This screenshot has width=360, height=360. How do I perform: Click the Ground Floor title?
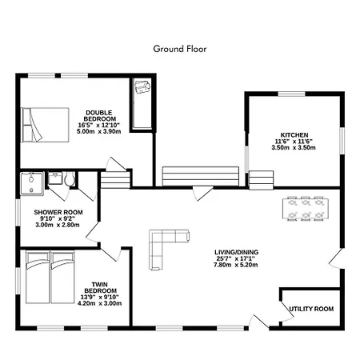(x=180, y=49)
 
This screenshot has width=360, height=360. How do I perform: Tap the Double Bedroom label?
(x=100, y=116)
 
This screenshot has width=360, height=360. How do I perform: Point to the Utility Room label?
(x=311, y=309)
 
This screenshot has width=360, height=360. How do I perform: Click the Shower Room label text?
(x=58, y=212)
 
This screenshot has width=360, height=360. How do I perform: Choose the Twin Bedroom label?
(x=100, y=287)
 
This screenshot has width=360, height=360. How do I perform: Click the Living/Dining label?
(x=236, y=252)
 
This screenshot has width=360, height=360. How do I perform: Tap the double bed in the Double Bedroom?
(x=45, y=125)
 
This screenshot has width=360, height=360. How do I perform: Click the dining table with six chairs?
(x=306, y=209)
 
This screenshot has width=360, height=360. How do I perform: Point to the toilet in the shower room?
(x=70, y=178)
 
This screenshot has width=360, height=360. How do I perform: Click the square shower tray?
(x=32, y=184)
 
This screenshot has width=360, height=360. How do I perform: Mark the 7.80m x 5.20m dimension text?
(x=236, y=265)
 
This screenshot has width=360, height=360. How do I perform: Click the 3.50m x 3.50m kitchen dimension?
(x=294, y=147)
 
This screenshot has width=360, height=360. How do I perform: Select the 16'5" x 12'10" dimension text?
(x=99, y=125)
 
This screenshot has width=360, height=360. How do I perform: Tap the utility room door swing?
(x=287, y=310)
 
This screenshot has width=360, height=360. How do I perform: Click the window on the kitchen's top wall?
(x=291, y=94)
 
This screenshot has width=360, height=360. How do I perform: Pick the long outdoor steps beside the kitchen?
(x=201, y=176)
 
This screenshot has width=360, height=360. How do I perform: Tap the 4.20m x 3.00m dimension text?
(x=99, y=303)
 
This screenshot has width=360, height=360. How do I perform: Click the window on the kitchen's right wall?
(x=342, y=141)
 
